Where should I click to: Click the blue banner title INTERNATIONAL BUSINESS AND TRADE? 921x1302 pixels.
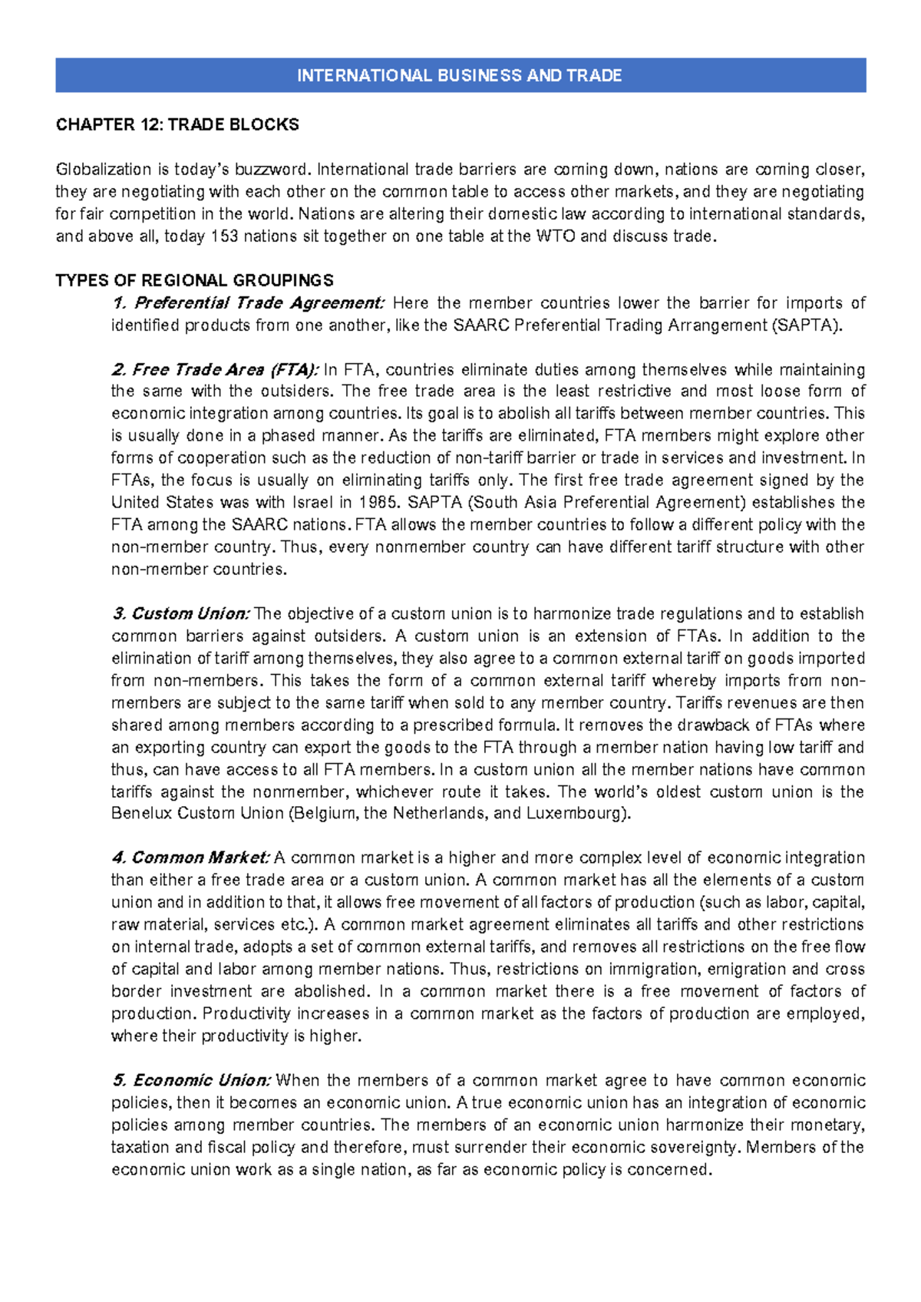(x=460, y=75)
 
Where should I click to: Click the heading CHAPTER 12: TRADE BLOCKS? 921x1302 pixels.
(x=177, y=124)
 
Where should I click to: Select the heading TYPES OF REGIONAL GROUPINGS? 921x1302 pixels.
(x=194, y=280)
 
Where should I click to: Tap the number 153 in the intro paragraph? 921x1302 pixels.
(x=224, y=236)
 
